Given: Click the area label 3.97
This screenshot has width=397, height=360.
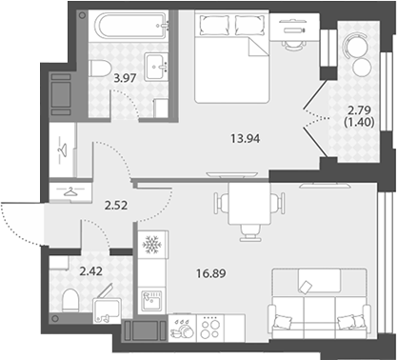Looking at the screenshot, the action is click(x=125, y=78).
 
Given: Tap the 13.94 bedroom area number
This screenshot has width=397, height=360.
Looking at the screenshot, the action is click(x=246, y=139).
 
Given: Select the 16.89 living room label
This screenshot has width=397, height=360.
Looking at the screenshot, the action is click(x=211, y=273).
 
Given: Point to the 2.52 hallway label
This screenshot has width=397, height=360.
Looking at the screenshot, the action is click(x=116, y=206).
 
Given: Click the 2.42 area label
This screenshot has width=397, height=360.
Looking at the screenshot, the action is click(x=91, y=271).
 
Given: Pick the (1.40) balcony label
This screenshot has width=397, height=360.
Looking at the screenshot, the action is click(x=359, y=122).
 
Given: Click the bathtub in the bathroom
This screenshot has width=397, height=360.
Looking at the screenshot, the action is click(x=133, y=25).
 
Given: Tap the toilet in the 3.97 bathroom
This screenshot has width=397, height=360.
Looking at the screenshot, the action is click(x=100, y=69).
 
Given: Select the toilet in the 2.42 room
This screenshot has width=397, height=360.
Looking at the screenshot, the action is click(x=70, y=300).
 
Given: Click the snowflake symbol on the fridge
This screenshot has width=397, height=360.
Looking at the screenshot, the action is click(x=152, y=245).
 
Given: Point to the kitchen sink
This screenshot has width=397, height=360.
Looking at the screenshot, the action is click(x=151, y=300).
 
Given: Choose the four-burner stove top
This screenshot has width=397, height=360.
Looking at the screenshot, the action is click(x=210, y=329).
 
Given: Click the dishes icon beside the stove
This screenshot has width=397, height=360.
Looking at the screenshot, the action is click(x=182, y=328).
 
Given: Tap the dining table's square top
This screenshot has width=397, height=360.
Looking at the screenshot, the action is click(x=249, y=204).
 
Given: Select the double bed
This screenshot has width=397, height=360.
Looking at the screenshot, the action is click(x=232, y=56).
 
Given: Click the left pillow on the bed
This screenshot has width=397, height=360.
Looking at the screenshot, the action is click(x=214, y=25).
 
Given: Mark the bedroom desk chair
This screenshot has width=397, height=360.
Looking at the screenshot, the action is click(x=293, y=46).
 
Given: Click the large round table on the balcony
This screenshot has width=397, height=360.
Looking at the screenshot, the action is click(x=356, y=46).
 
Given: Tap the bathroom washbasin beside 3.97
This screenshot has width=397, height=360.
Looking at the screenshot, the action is click(x=156, y=67).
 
